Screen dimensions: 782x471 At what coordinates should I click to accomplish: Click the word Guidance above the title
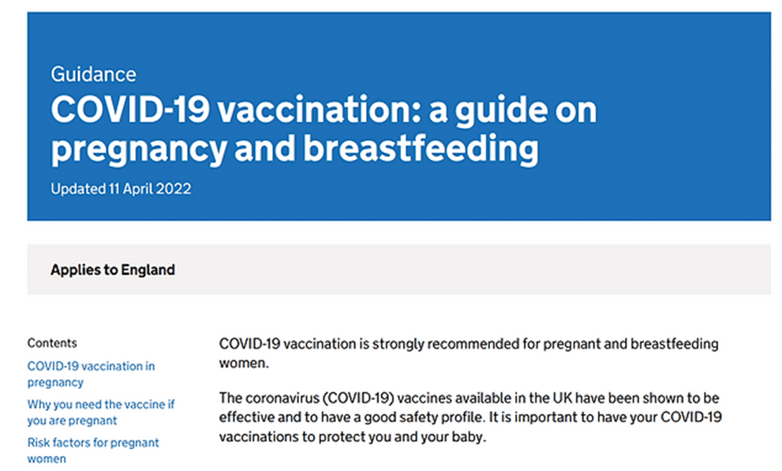click(x=93, y=74)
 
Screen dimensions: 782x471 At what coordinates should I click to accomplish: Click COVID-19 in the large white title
click(x=130, y=110)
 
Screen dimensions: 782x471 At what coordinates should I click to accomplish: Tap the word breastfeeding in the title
click(x=421, y=148)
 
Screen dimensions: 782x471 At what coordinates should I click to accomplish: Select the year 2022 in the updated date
click(x=173, y=189)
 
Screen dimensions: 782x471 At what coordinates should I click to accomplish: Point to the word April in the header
click(x=137, y=189)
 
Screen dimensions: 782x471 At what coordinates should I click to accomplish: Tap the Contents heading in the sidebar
click(x=52, y=343)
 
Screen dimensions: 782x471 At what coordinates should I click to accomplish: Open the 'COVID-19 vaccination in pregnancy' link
click(x=92, y=374)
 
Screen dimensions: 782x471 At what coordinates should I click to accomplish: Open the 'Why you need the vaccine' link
click(x=101, y=412)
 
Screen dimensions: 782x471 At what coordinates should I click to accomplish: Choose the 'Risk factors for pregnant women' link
click(x=93, y=450)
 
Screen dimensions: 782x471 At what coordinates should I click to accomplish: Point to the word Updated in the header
click(x=78, y=189)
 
